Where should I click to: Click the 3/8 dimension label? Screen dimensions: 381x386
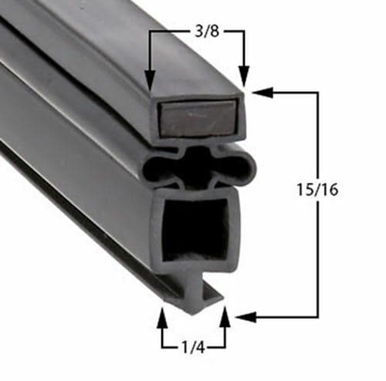click(x=197, y=33)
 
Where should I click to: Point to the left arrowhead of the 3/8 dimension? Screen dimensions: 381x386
click(x=150, y=78)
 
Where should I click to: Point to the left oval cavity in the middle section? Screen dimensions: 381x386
click(x=164, y=164)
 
